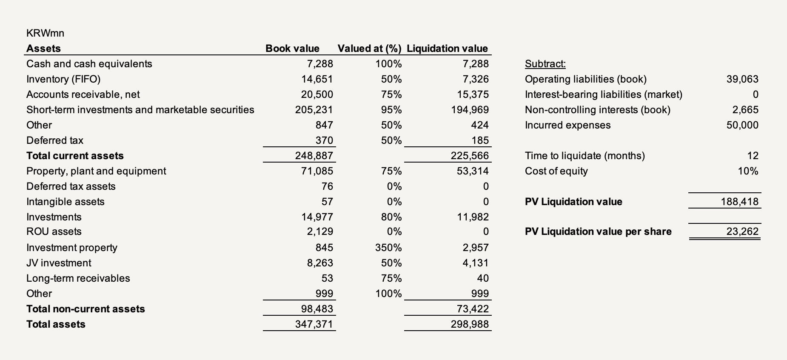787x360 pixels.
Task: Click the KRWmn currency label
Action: [x=45, y=33]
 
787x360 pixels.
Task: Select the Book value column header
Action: [x=292, y=49]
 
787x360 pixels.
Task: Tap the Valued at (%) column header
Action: [x=369, y=49]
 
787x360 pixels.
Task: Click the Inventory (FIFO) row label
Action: [x=63, y=79]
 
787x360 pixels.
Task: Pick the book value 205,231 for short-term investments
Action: [x=314, y=110]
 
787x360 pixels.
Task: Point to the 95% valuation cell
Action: [x=391, y=110]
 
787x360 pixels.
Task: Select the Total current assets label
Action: [x=75, y=156]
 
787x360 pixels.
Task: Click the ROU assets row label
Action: [x=54, y=231]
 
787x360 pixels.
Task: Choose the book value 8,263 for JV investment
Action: [x=320, y=263]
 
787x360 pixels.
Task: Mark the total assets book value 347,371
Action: [x=314, y=324]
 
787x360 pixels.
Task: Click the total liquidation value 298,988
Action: [x=470, y=324]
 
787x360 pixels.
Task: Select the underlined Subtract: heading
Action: [x=545, y=64]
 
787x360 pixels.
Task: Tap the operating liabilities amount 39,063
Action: [x=742, y=79]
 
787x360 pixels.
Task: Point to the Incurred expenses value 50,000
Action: [x=742, y=125]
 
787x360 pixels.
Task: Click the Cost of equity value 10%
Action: [x=748, y=171]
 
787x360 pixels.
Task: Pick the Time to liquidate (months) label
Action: [x=585, y=156]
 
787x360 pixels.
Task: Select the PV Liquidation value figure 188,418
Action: [x=739, y=202]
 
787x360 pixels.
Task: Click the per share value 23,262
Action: [x=742, y=231]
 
